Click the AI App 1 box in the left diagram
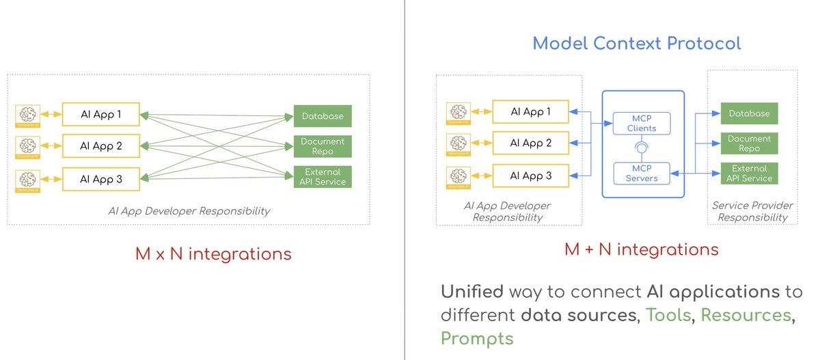pyautogui.click(x=100, y=114)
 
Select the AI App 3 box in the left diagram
pyautogui.click(x=100, y=179)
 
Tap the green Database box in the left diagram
pyautogui.click(x=323, y=116)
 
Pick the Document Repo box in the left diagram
pyautogui.click(x=323, y=146)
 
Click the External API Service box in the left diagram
pyautogui.click(x=323, y=176)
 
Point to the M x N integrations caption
pyautogui.click(x=213, y=254)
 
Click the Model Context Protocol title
pyautogui.click(x=636, y=44)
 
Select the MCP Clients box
pyautogui.click(x=641, y=123)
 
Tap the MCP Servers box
pyautogui.click(x=641, y=173)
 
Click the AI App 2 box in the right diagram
pyautogui.click(x=531, y=143)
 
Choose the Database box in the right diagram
pyautogui.click(x=749, y=113)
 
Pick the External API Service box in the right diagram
pyautogui.click(x=749, y=173)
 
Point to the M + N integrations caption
pyautogui.click(x=641, y=249)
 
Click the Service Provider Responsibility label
pyautogui.click(x=752, y=211)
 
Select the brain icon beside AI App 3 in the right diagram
pyautogui.click(x=459, y=176)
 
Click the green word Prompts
pyautogui.click(x=476, y=338)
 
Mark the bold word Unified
pyautogui.click(x=471, y=292)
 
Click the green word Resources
pyautogui.click(x=746, y=315)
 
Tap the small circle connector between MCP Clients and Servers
pyautogui.click(x=641, y=148)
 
